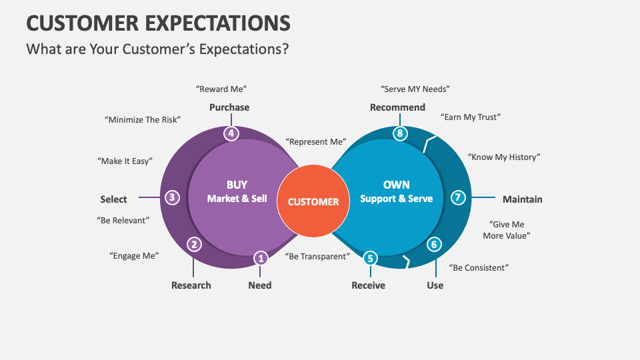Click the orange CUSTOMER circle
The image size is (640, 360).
[313, 201]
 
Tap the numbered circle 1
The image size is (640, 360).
[261, 257]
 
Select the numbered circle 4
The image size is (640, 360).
[231, 133]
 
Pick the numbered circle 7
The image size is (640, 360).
[457, 197]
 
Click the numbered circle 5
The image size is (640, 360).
[371, 258]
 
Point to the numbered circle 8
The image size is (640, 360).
[399, 133]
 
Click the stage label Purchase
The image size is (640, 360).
[229, 107]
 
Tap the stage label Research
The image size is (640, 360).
[191, 285]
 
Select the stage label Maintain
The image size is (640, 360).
[523, 199]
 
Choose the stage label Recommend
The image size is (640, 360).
[397, 107]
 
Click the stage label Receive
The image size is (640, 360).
[369, 285]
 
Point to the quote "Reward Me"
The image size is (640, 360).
[221, 89]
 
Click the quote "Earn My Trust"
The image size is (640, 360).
[471, 117]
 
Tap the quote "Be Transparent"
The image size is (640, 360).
[317, 257]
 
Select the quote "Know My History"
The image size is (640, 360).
[504, 157]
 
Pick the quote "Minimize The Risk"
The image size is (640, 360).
[143, 120]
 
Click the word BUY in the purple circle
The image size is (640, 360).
[237, 185]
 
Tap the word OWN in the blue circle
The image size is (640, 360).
[397, 185]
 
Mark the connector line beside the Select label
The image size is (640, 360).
[147, 198]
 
